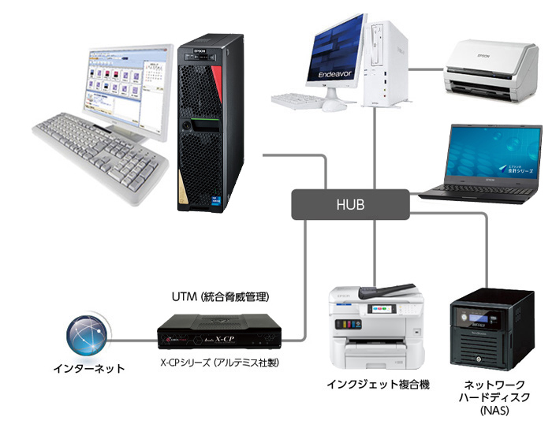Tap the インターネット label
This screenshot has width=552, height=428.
[88, 367]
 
